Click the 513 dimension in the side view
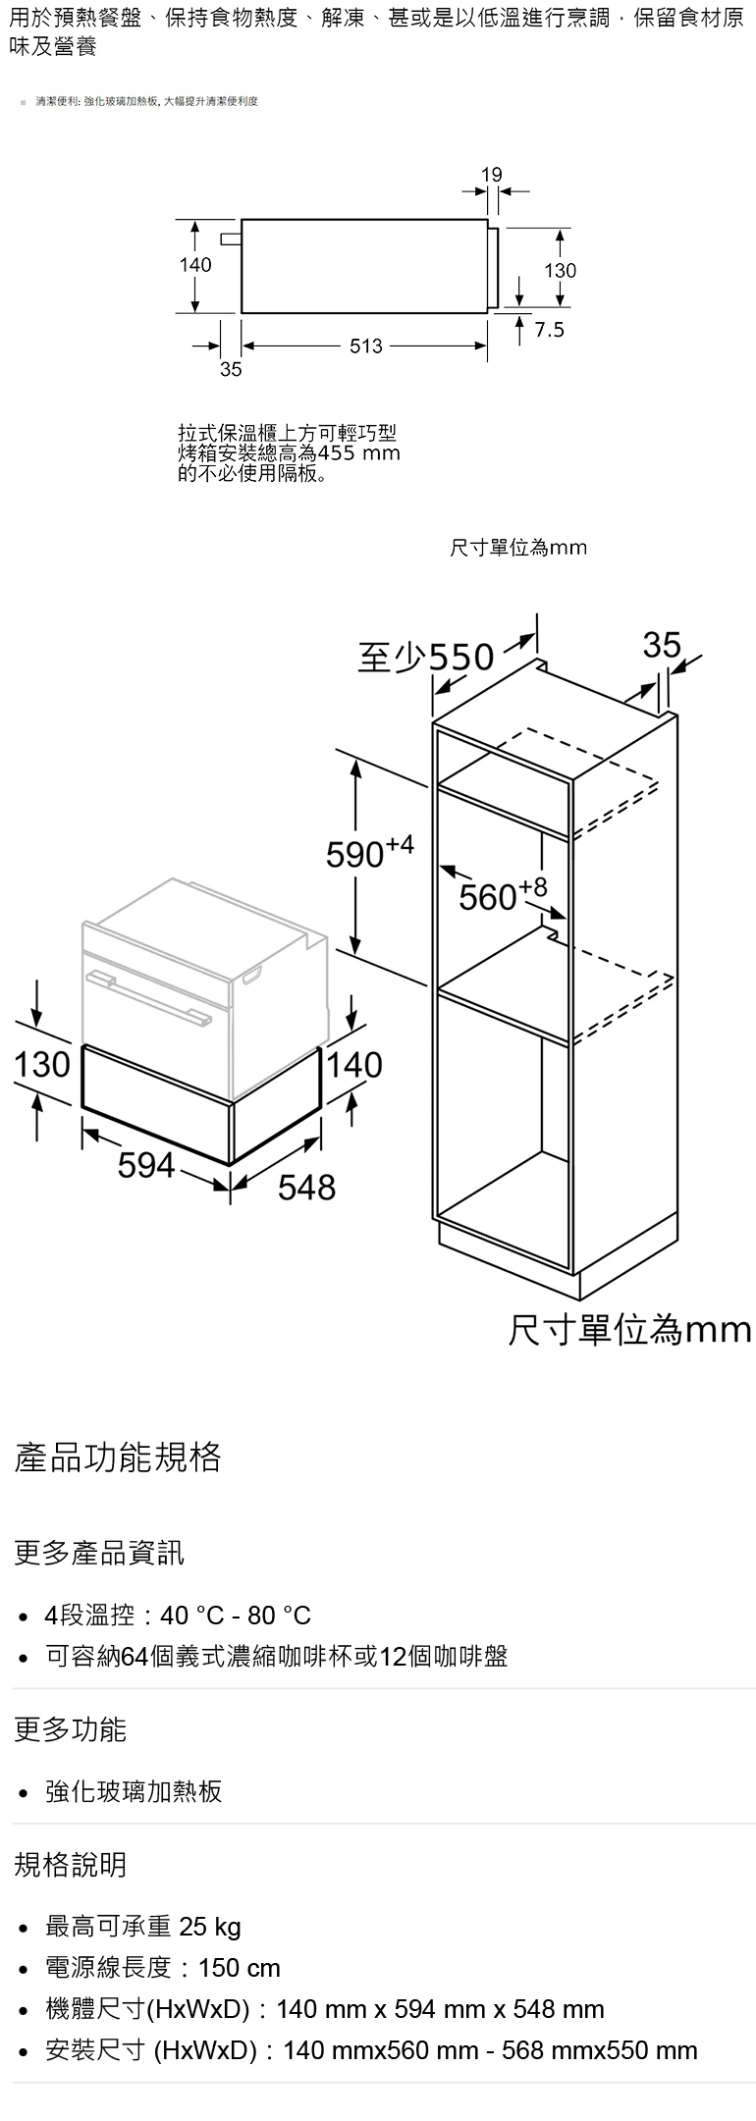365,345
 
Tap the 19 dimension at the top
492,175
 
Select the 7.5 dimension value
550,331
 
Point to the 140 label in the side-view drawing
195,265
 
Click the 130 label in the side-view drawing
561,270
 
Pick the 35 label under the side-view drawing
231,370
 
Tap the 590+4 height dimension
370,853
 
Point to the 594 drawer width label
146,1165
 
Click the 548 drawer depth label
306,1188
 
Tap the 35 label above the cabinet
662,645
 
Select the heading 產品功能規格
118,1458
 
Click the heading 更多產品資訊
98,1553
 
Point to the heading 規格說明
71,1864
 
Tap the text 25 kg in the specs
210,1927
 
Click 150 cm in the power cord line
240,1968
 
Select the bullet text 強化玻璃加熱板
135,1791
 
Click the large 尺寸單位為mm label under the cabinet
629,1330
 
